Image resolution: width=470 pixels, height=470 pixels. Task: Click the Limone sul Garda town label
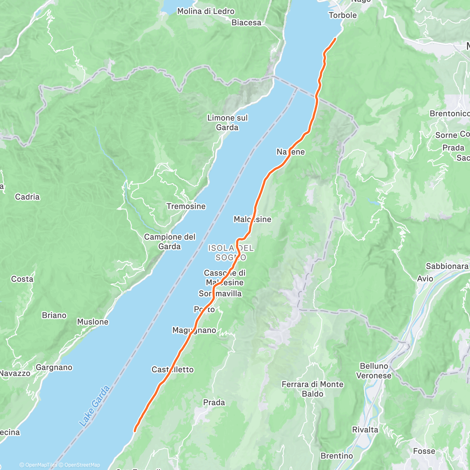[x=227, y=123]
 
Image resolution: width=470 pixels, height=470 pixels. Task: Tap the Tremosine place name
[x=186, y=206]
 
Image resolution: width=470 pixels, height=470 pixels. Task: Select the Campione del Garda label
[x=170, y=242]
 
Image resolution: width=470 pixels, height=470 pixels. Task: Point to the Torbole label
[x=343, y=15]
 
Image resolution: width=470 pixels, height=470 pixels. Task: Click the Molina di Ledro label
[x=206, y=11]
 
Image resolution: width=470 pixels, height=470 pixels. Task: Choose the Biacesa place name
[x=246, y=23]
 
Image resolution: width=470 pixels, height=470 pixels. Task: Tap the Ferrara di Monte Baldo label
[x=313, y=389]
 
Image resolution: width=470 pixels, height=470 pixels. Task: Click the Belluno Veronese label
[x=374, y=371]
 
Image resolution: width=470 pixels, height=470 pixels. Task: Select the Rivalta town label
[x=365, y=430]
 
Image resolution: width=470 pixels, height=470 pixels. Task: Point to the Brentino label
[x=336, y=456]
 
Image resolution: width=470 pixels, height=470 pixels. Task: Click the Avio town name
[x=425, y=279]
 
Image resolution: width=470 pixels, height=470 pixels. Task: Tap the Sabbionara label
[x=447, y=266]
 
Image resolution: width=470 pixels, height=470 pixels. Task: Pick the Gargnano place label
[x=54, y=367]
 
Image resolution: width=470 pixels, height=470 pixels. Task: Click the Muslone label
[x=92, y=322]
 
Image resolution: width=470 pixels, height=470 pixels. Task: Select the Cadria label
[x=27, y=197]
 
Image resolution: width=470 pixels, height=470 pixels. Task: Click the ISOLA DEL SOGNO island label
[x=231, y=253]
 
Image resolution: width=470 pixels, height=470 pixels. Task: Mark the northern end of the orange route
[x=336, y=38]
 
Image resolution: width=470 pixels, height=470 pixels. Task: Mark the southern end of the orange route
[x=135, y=431]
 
